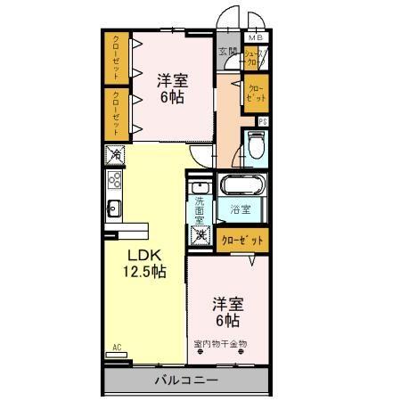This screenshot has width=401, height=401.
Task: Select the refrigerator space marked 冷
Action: pos(116,155)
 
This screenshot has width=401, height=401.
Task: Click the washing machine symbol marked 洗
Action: pos(200,237)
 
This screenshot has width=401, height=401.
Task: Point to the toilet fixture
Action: pos(257,145)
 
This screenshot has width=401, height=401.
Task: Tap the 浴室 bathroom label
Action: pos(240,210)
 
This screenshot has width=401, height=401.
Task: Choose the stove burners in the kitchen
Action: pos(115,182)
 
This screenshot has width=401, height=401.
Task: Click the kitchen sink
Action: pos(115,209)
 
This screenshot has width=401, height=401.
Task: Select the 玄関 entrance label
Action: pos(225,52)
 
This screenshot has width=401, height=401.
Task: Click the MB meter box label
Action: pos(257,37)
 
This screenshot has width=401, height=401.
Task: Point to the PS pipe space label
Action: pos(263,121)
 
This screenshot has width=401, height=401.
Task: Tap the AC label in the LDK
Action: pos(116,346)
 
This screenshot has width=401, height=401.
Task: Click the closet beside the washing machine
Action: pos(241,239)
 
